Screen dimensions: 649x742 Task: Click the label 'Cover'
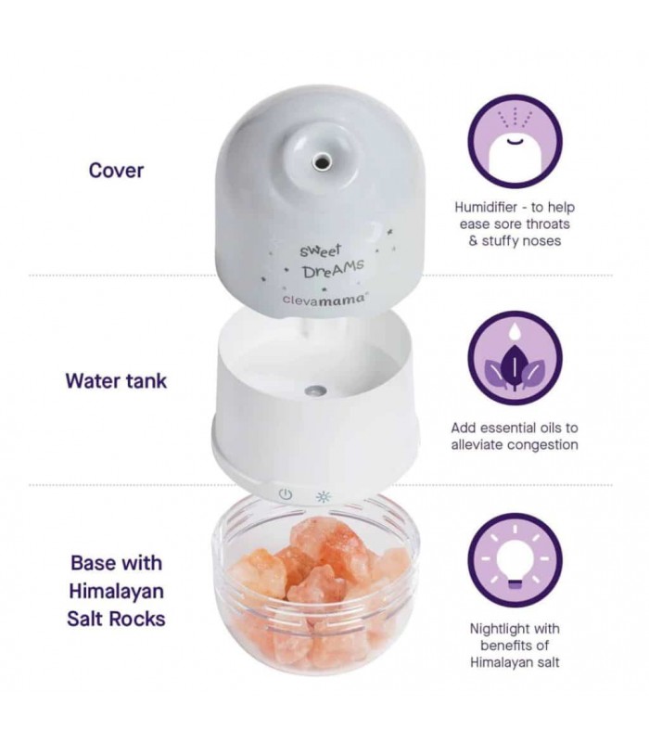pos(116,171)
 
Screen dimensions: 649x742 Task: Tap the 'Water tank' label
pos(116,381)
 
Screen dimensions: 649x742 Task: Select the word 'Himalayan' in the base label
pos(117,592)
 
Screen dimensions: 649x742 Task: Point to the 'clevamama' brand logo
pos(324,299)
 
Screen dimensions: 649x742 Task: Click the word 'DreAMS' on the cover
pos(334,270)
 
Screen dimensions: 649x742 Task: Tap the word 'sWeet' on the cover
pos(320,250)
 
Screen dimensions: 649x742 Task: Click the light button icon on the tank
pos(324,496)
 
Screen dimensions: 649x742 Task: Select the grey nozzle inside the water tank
pos(316,390)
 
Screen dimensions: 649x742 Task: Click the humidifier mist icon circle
pos(515,142)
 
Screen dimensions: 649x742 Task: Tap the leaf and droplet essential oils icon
pos(515,358)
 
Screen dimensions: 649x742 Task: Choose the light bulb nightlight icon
pos(515,560)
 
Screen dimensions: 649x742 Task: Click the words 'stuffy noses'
pos(521,241)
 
